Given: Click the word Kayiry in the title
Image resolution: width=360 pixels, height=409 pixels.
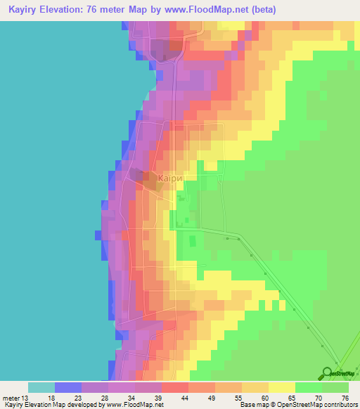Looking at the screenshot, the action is [22, 10].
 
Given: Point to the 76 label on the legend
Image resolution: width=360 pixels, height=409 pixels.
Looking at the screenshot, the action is [345, 397].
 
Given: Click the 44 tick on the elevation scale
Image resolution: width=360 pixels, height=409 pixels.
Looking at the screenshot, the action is [184, 397].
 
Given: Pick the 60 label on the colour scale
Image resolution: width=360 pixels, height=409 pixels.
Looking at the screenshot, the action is [264, 397].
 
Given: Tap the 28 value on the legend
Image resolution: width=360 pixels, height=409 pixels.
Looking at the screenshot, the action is [105, 397].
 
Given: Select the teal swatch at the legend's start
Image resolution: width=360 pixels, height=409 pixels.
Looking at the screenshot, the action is [41, 387].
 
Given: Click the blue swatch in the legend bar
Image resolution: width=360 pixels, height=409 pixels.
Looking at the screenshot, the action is [68, 387].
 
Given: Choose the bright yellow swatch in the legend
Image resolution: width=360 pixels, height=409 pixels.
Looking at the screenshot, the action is [282, 387].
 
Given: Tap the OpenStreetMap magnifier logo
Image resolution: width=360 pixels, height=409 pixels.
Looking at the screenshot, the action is [328, 372].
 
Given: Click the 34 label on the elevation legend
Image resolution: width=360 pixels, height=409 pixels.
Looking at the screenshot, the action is [131, 397].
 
